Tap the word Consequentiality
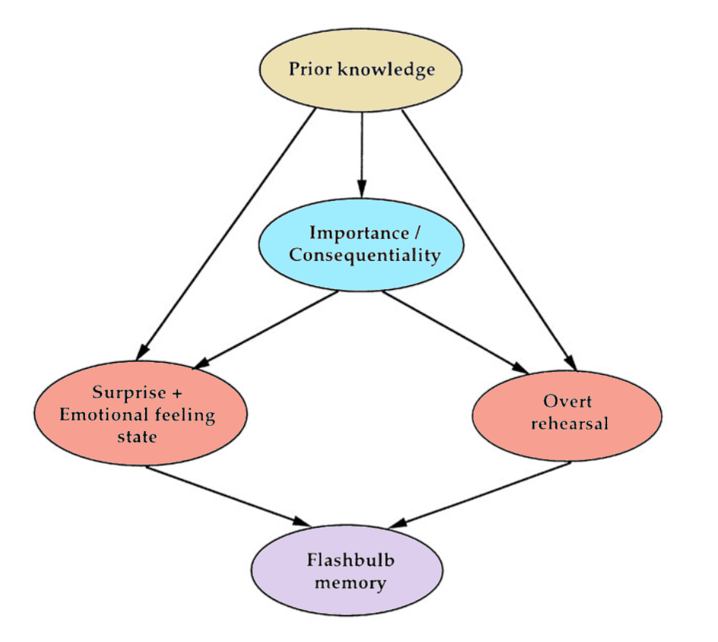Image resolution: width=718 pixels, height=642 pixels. (364, 255)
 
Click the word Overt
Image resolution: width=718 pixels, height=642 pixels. (567, 401)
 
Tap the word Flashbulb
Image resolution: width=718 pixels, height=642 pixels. (346, 562)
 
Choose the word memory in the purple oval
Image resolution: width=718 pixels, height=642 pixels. (346, 584)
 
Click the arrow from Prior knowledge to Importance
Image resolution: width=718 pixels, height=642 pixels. (362, 152)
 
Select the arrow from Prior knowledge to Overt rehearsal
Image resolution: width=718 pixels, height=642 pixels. (486, 235)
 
